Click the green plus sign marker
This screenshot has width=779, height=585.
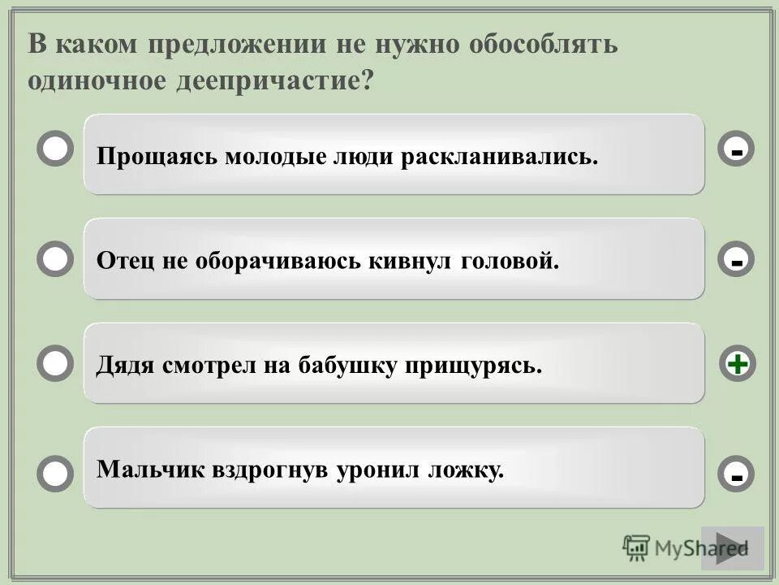coord(737,364)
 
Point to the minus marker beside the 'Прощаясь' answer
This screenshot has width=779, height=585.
coord(737,150)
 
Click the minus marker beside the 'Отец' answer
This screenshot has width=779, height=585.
coord(737,261)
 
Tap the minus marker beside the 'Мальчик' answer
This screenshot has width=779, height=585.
coord(737,474)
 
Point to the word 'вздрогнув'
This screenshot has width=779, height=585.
coord(272,470)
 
